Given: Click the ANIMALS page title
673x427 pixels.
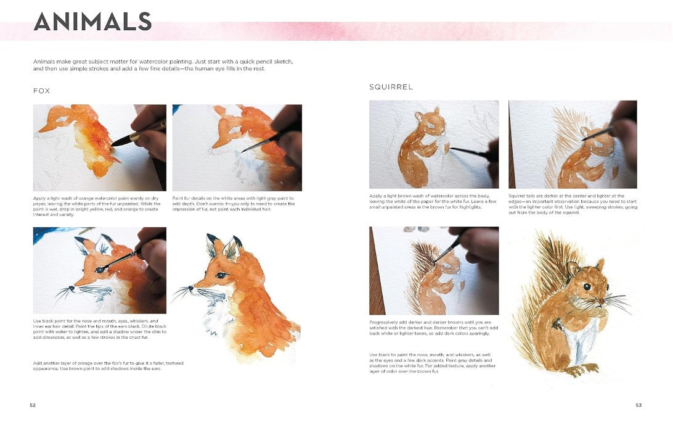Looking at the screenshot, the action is coord(92,22).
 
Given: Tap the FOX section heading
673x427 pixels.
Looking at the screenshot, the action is coord(42,91).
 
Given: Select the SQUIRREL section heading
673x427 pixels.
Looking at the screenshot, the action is coord(391,87).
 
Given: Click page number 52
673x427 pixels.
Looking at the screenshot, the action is coord(33,405).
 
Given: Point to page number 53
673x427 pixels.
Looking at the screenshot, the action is coord(638,405).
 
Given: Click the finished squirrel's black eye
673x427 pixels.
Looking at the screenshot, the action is coord(587,286).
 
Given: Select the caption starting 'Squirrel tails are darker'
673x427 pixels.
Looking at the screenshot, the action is coord(573,204).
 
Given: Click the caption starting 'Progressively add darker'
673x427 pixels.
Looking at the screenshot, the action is coord(433,328).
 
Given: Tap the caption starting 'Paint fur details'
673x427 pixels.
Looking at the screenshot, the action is coord(234,204).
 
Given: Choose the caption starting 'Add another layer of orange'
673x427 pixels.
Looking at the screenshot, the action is coord(108,366).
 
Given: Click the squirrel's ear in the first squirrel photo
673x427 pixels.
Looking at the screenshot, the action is coord(436,110).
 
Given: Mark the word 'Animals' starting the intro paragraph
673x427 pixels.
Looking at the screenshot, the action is coord(43,62).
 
